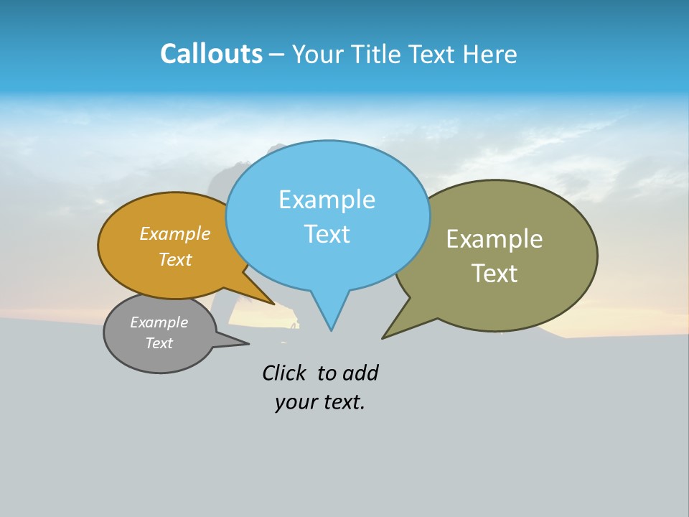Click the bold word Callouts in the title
[211, 54]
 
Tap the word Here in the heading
[490, 54]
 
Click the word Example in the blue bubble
[327, 200]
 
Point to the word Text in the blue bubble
[327, 234]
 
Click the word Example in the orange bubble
[175, 234]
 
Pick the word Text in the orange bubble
[175, 259]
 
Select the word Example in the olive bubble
[495, 239]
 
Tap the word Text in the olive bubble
[495, 274]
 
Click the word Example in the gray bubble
[159, 322]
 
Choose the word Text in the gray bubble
[159, 343]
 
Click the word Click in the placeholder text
[283, 373]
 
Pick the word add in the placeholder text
[360, 373]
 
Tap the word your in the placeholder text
[295, 402]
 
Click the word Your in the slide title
[317, 54]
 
